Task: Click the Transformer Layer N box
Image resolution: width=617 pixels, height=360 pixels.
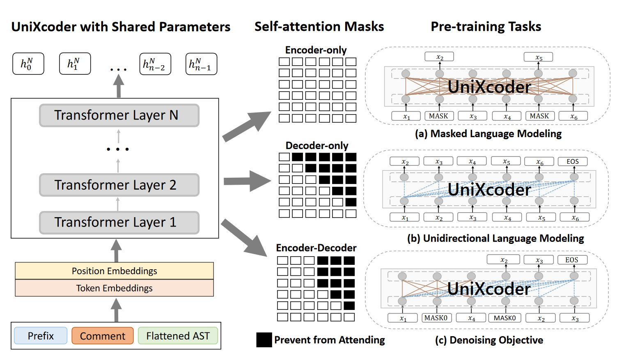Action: [x=119, y=115]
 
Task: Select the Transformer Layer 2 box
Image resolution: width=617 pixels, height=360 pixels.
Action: [x=119, y=185]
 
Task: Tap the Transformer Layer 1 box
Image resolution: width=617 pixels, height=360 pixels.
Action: [x=119, y=222]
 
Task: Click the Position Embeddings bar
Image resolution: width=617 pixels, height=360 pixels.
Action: [x=114, y=271]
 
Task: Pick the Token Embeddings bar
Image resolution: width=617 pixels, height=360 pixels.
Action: [x=114, y=288]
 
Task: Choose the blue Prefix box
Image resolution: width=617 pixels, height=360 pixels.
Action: [x=41, y=336]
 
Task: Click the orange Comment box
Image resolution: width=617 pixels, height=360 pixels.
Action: [x=102, y=336]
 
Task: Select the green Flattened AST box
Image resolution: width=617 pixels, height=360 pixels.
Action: [x=178, y=336]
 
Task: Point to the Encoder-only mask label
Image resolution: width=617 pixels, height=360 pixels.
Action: [x=316, y=50]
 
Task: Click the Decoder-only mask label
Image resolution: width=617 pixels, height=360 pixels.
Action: [x=317, y=146]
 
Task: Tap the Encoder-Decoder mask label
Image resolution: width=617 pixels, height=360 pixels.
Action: [x=316, y=248]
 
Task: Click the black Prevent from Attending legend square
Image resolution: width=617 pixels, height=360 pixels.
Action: [x=264, y=340]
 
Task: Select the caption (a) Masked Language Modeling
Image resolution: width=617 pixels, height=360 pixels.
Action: [x=488, y=134]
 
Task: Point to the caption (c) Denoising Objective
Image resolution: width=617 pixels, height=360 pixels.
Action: [x=489, y=340]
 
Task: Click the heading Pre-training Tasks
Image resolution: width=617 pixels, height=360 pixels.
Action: [x=486, y=27]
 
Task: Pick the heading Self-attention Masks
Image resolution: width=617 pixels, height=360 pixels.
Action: [x=319, y=27]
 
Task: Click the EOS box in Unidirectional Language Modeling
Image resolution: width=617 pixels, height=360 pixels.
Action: [x=572, y=161]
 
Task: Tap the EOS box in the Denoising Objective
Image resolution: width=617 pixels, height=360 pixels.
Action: [x=571, y=260]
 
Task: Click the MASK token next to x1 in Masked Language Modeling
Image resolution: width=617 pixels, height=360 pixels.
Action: [x=438, y=116]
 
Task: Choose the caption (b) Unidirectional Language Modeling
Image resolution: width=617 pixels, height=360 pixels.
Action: [x=495, y=238]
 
